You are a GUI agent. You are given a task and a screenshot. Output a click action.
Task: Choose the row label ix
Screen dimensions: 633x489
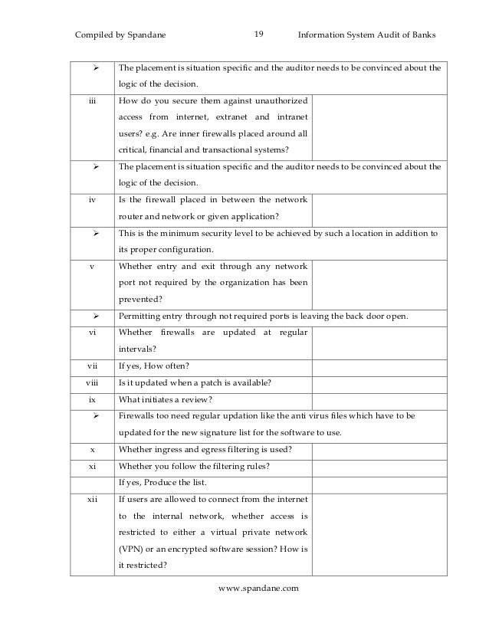click(x=90, y=399)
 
